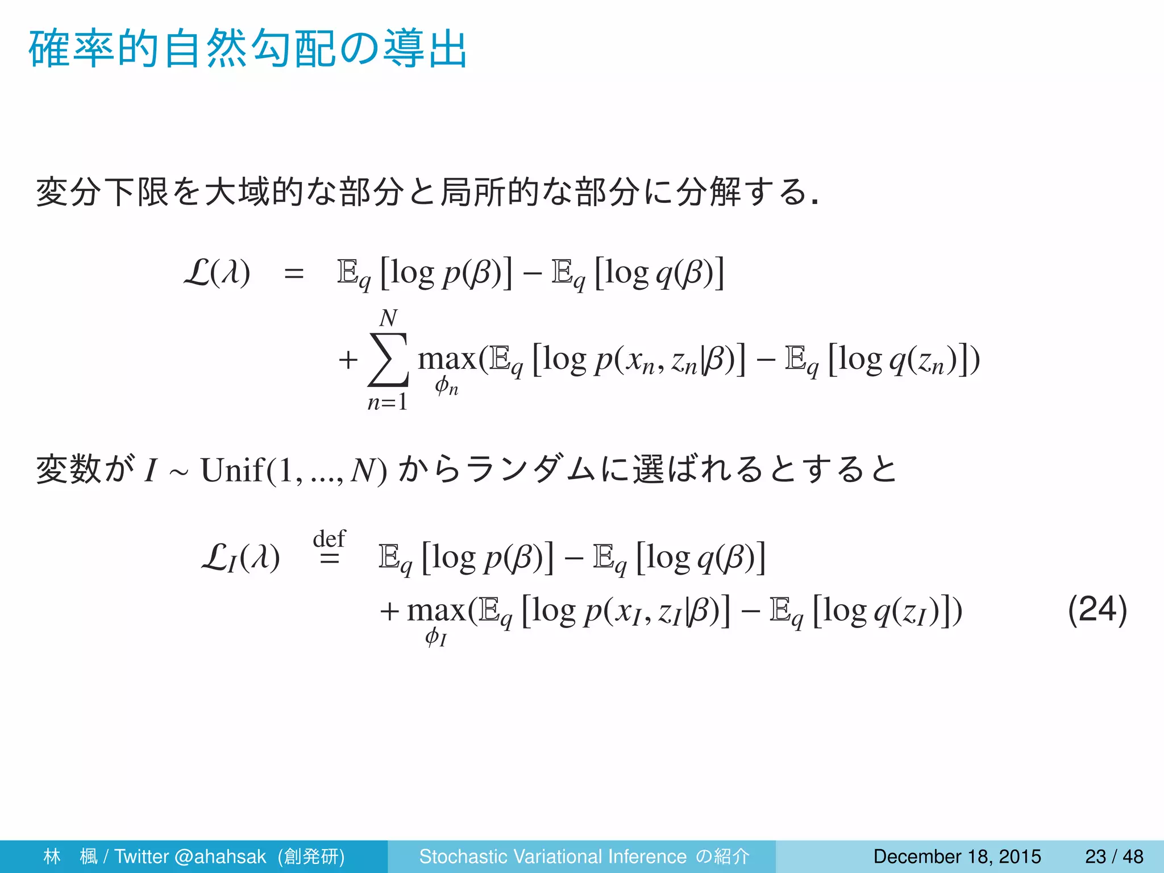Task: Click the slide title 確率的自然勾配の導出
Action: pos(248,50)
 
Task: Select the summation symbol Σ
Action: pos(388,359)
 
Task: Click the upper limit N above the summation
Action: pos(388,318)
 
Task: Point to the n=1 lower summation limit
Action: pos(388,402)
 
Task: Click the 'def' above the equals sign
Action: pos(329,538)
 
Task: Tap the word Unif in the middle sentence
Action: pos(232,471)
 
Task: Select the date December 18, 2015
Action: pos(957,856)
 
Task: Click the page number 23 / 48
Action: pos(1114,856)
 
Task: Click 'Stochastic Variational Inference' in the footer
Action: pos(552,856)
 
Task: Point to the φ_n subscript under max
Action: pos(446,386)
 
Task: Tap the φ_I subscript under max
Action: pos(435,637)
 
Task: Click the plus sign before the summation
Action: pos(348,360)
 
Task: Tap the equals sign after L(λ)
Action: pos(294,274)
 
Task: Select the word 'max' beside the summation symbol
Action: pos(447,359)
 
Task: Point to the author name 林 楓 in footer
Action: pos(70,856)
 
